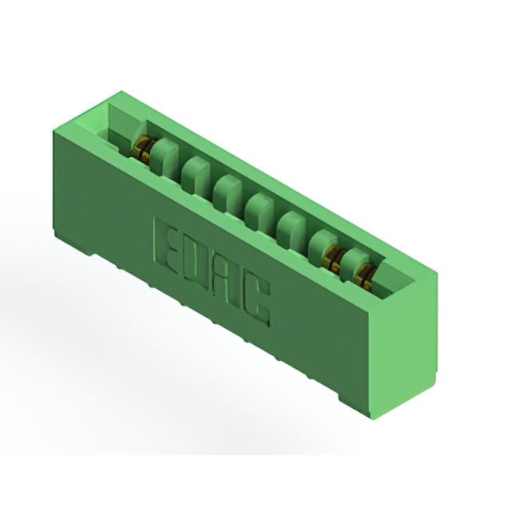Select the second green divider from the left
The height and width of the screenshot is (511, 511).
click(x=196, y=172)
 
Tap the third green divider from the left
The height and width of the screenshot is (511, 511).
click(x=228, y=190)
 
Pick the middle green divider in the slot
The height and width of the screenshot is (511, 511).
click(x=259, y=208)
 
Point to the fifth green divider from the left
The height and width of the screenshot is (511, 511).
click(x=291, y=227)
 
